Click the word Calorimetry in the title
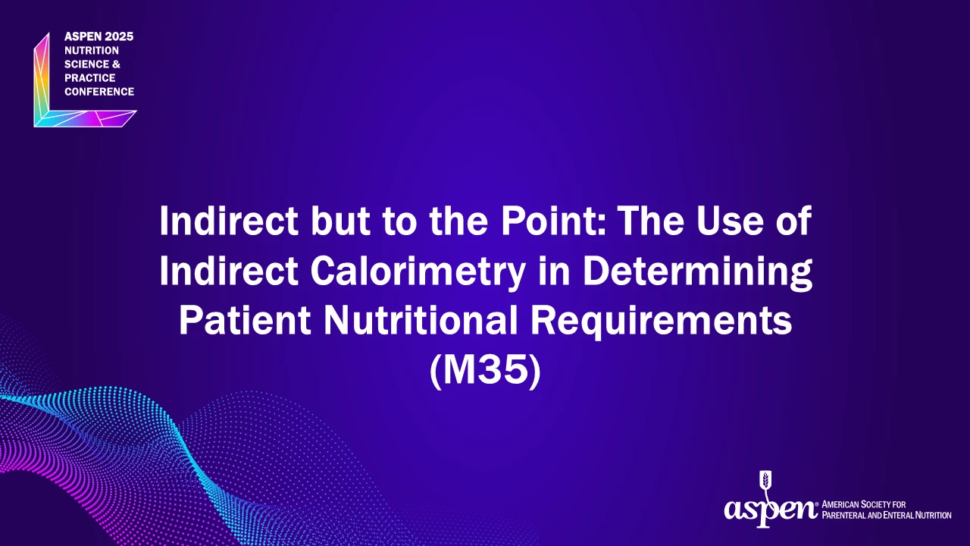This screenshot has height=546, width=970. coord(418,271)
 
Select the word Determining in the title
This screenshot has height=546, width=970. coord(697,271)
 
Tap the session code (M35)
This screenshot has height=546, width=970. coord(486,371)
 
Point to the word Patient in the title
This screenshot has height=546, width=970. coord(245,321)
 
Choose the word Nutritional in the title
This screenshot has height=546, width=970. coord(421,321)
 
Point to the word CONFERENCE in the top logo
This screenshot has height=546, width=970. coord(99,92)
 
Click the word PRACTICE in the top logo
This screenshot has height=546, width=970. coord(90,78)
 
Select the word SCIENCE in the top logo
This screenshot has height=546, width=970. coord(86,64)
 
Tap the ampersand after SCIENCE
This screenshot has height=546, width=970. coord(116,64)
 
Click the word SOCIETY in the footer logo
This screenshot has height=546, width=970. coord(876,504)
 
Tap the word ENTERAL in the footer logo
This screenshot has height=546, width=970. coord(900,516)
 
